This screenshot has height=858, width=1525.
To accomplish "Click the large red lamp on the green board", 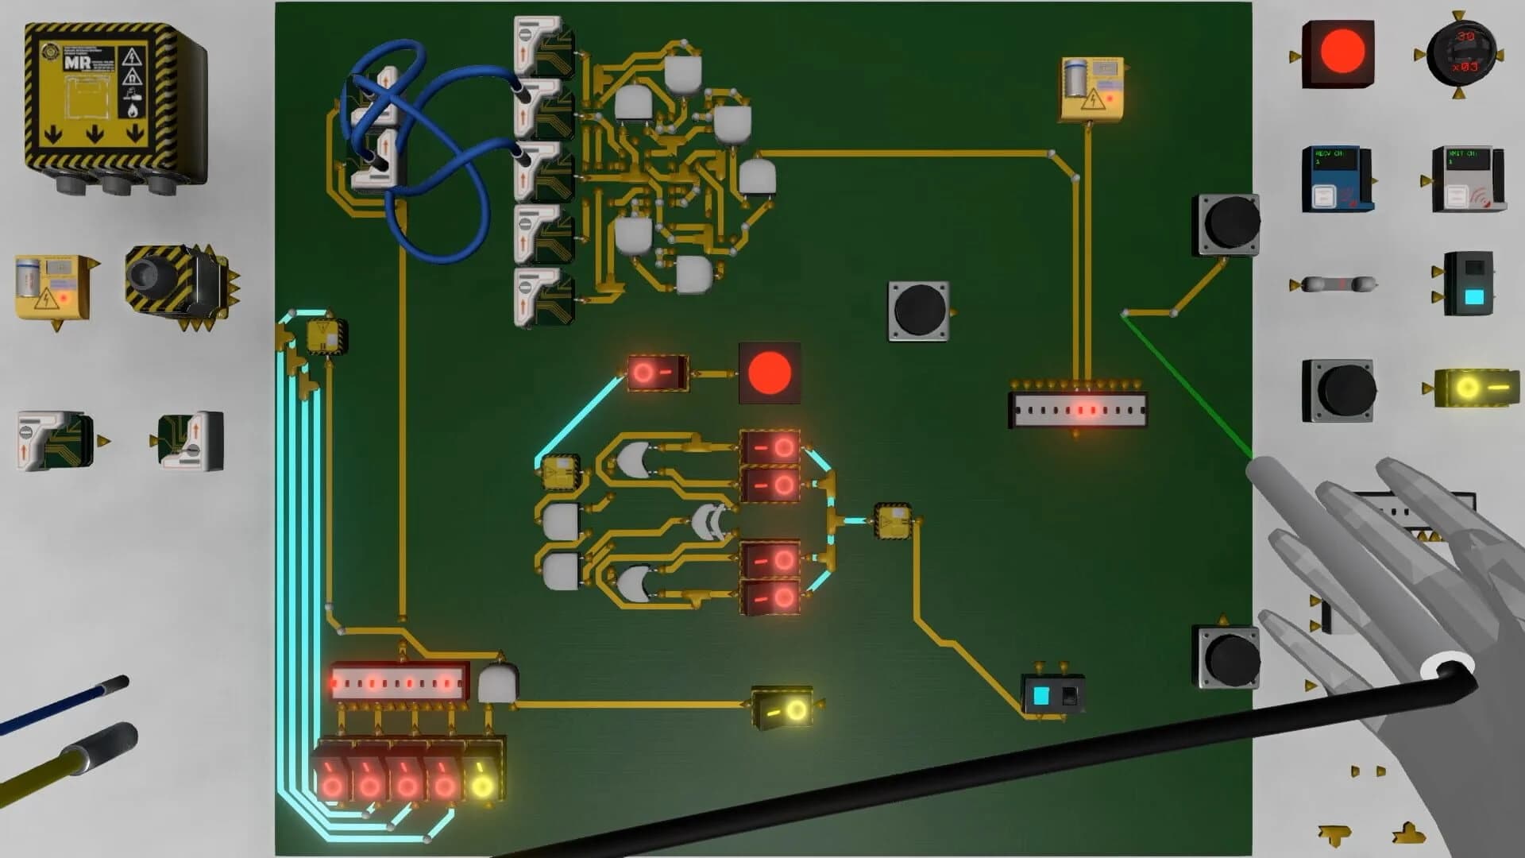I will click(769, 373).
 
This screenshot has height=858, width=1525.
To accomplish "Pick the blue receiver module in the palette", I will click(1336, 179).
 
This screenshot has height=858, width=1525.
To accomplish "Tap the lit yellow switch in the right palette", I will click(1468, 388).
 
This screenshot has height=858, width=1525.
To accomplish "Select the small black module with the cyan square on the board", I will click(1052, 696).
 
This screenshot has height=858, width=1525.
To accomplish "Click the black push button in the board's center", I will click(918, 311).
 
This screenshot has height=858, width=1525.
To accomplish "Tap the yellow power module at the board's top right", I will click(1092, 88).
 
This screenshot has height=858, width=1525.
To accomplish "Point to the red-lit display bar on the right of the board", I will click(1078, 411).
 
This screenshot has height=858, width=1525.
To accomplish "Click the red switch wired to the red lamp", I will click(656, 372).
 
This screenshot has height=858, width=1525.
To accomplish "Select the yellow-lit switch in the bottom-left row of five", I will click(482, 779).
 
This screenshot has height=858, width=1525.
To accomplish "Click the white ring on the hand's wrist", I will click(1447, 668).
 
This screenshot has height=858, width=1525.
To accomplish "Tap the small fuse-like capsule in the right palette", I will click(1334, 284).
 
